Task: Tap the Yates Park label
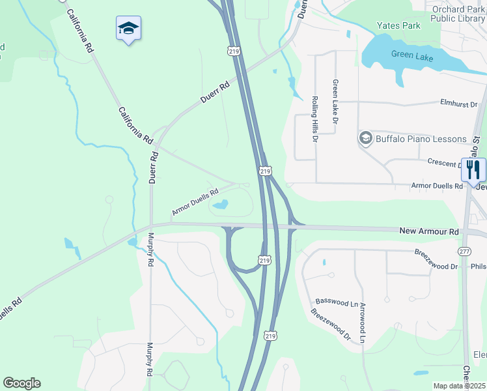pyautogui.click(x=398, y=26)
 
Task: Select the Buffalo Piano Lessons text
pyautogui.click(x=421, y=139)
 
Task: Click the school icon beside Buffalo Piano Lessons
pyautogui.click(x=365, y=138)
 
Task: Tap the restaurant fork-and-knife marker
pyautogui.click(x=473, y=169)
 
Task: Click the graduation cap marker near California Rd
pyautogui.click(x=128, y=28)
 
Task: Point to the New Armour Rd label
pyautogui.click(x=428, y=231)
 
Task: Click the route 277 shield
pyautogui.click(x=464, y=251)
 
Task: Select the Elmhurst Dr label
pyautogui.click(x=458, y=104)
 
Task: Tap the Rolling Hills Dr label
pyautogui.click(x=314, y=119)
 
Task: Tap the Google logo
pyautogui.click(x=21, y=383)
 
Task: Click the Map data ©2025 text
pyautogui.click(x=460, y=386)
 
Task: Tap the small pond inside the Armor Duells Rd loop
pyautogui.click(x=220, y=205)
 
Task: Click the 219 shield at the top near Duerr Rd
pyautogui.click(x=233, y=50)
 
